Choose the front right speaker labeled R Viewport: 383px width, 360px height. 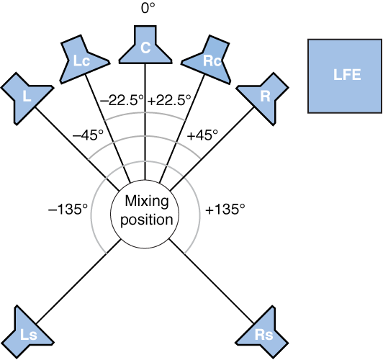click(263, 94)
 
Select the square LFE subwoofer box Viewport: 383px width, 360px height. click(345, 76)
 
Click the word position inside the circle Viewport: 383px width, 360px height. click(145, 220)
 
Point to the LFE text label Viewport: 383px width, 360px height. click(346, 76)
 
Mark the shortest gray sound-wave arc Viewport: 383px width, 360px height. click(145, 114)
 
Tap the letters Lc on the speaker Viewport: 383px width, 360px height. click(81, 62)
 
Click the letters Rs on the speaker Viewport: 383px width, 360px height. click(263, 335)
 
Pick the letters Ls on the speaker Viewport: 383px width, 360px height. click(28, 336)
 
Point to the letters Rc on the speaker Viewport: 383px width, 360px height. click(212, 62)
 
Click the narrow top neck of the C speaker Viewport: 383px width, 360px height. click(145, 34)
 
